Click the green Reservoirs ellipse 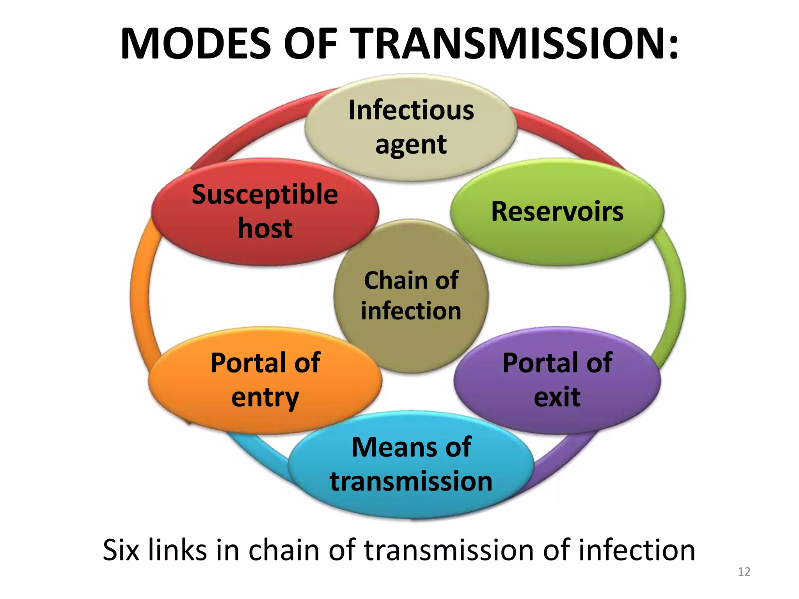point(557,212)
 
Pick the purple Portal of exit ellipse point(557,380)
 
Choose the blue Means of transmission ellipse point(411,464)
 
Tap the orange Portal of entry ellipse point(265,380)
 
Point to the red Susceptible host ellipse point(265,212)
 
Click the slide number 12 point(744,572)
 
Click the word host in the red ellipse point(265,229)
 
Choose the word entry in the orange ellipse point(265,398)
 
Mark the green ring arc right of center point(676,296)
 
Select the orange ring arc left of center point(140,296)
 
